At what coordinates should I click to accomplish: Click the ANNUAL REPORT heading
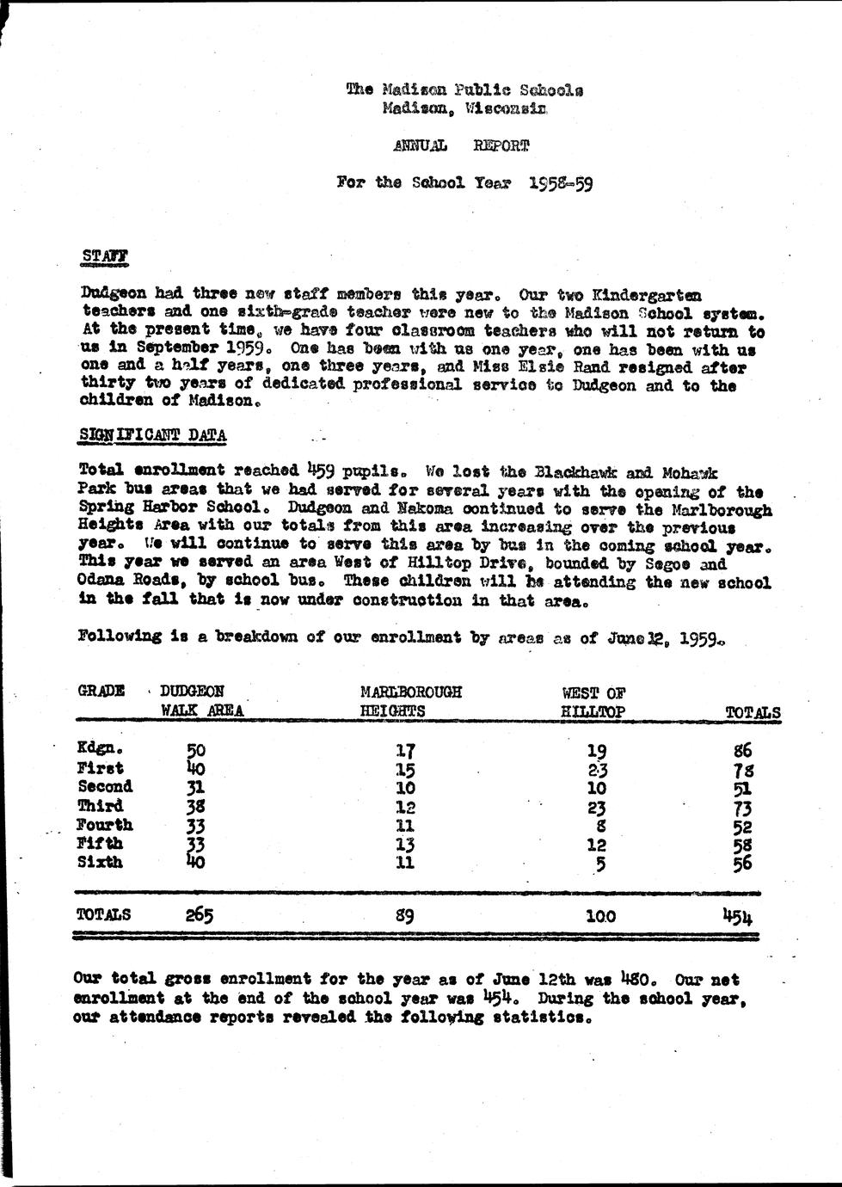[x=460, y=145]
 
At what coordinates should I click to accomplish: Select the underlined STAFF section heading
[x=105, y=255]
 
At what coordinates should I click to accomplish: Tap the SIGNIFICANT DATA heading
[x=152, y=435]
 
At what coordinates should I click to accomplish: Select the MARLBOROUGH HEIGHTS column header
[x=411, y=701]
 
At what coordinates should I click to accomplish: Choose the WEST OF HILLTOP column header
[x=593, y=702]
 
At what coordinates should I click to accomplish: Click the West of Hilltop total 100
[x=599, y=916]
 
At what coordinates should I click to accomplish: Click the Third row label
[x=100, y=806]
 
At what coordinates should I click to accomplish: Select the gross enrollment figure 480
[x=636, y=979]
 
